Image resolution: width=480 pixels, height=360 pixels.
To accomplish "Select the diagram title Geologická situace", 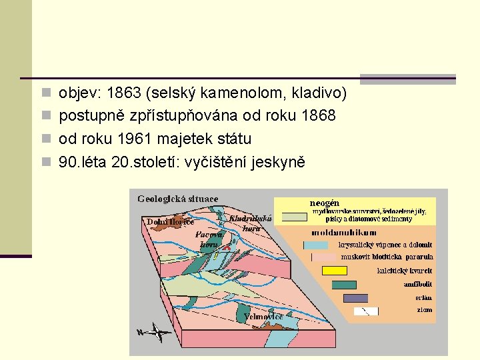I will tap(177, 199).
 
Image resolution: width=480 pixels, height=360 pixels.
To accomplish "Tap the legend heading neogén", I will tap(325, 203).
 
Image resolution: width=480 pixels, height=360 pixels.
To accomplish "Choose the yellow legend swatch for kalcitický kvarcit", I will tap(335, 271).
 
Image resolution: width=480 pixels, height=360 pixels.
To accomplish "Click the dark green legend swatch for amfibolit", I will tap(344, 285).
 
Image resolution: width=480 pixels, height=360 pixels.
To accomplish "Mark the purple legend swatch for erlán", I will tap(355, 298).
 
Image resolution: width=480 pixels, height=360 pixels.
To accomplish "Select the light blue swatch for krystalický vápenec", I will tap(311, 245).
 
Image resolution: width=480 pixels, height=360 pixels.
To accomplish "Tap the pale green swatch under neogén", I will tap(293, 216).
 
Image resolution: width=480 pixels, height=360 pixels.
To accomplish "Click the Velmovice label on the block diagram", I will tap(264, 317).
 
